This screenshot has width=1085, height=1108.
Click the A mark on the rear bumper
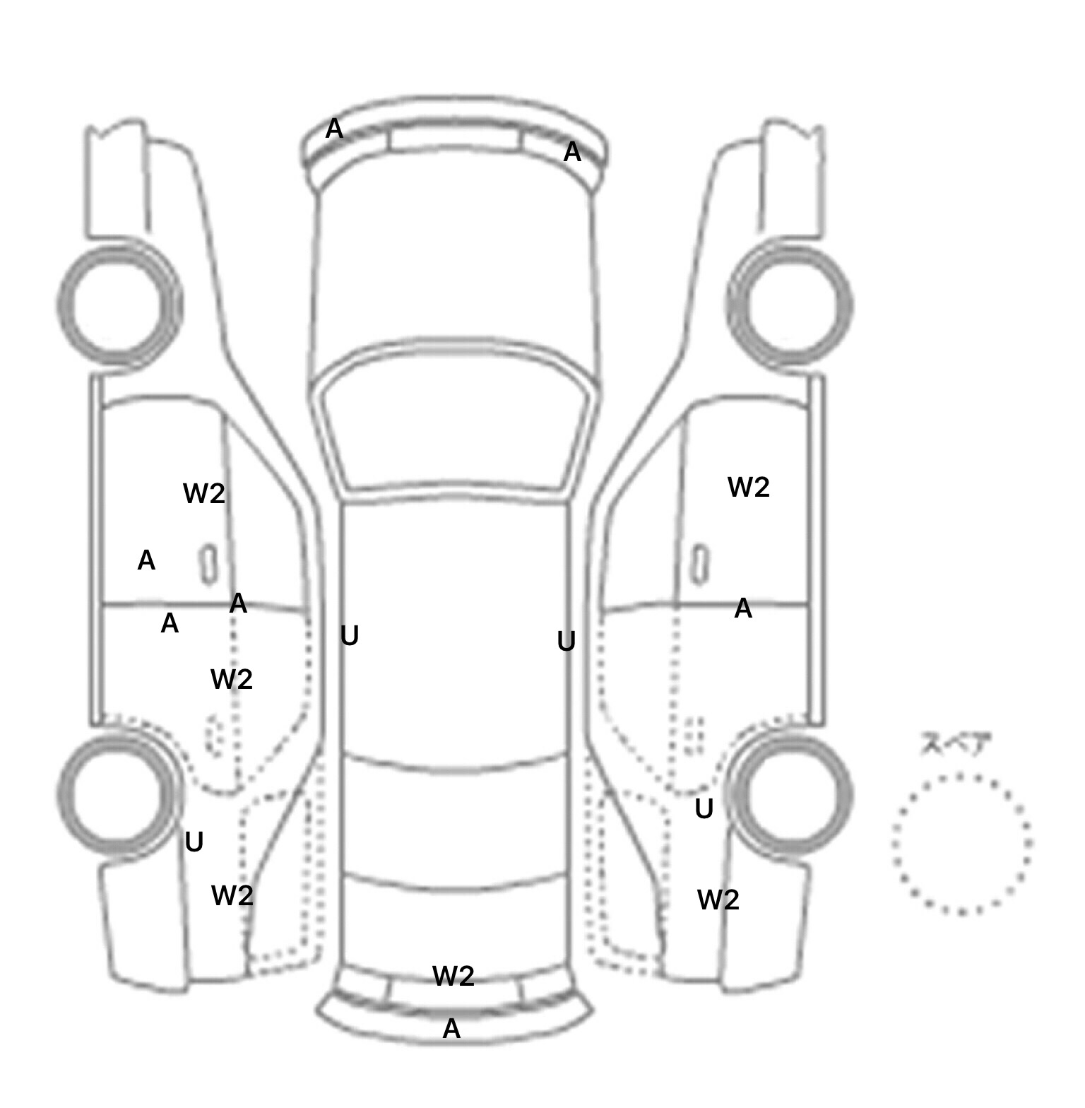click(x=451, y=1029)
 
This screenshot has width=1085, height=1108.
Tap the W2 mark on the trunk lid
click(x=453, y=976)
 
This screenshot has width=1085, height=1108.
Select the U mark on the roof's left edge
click(x=350, y=636)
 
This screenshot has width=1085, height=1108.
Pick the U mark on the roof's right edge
click(x=567, y=642)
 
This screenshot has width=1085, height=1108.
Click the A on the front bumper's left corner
click(x=334, y=129)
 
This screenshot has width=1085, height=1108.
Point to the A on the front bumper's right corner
click(x=572, y=152)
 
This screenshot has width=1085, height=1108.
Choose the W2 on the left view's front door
click(x=204, y=493)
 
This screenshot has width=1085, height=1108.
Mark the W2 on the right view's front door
click(x=749, y=487)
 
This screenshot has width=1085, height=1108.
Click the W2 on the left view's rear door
click(x=232, y=679)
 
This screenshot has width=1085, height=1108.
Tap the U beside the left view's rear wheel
click(x=194, y=842)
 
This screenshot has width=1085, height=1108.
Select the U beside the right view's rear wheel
click(x=704, y=808)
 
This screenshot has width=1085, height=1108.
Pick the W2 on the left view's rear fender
click(x=232, y=896)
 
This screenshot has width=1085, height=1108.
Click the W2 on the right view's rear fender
click(x=718, y=900)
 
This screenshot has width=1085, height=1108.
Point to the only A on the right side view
click(x=743, y=608)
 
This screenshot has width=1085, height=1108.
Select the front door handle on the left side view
click(x=208, y=565)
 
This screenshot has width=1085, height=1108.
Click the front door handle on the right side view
click(x=700, y=565)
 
